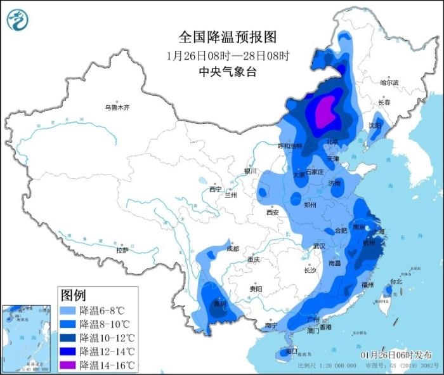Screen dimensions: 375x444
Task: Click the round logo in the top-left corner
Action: (x=18, y=20)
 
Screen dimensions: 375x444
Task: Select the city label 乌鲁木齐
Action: (x=117, y=108)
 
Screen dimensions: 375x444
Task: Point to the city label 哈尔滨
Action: (x=389, y=83)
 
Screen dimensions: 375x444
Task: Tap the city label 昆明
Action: (x=219, y=304)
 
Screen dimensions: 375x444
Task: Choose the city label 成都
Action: (x=232, y=249)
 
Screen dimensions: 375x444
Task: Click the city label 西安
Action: (x=272, y=213)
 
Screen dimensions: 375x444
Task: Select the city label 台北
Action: (x=395, y=281)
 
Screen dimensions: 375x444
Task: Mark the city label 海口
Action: (x=291, y=351)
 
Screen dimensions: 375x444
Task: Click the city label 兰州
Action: (x=231, y=195)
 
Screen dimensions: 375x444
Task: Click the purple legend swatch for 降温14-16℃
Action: (x=69, y=365)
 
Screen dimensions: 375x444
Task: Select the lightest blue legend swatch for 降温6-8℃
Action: (x=69, y=311)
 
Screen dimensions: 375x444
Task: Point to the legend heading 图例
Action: (x=73, y=295)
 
